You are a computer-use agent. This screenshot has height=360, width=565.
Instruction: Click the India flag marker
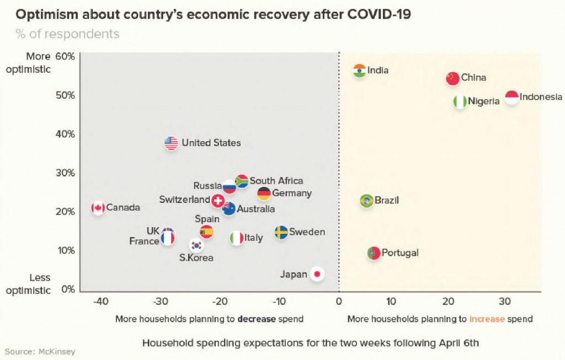coord(360,71)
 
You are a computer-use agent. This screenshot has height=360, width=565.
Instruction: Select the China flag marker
coord(452,78)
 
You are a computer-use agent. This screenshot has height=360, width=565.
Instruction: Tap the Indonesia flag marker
coord(511,98)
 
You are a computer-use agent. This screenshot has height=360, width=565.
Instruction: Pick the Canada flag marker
coord(98,208)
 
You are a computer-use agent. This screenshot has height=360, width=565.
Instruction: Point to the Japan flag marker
coord(317,274)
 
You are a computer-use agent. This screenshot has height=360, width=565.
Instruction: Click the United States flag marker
coord(171,143)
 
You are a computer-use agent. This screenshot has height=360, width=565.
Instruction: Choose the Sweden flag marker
coord(281,232)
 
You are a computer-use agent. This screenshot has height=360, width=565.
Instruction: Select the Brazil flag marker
coord(366,201)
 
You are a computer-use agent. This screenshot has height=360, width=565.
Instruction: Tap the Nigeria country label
coord(484,101)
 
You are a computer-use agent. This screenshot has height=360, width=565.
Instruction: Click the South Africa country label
coord(276,181)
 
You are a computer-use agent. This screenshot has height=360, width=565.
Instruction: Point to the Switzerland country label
coord(184,200)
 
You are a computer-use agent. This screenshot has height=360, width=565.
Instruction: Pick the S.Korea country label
coord(196,257)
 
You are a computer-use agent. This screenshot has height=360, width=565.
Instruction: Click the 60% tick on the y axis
coord(65,56)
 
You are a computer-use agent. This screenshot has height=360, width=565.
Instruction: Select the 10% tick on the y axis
coord(65,250)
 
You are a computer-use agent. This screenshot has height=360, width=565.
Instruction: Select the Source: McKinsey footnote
coord(40,351)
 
